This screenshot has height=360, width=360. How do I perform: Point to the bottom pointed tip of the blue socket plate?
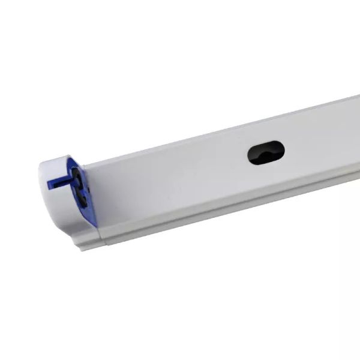(x=97, y=227)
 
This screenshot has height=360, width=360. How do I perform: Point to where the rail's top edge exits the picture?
(x=358, y=95)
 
